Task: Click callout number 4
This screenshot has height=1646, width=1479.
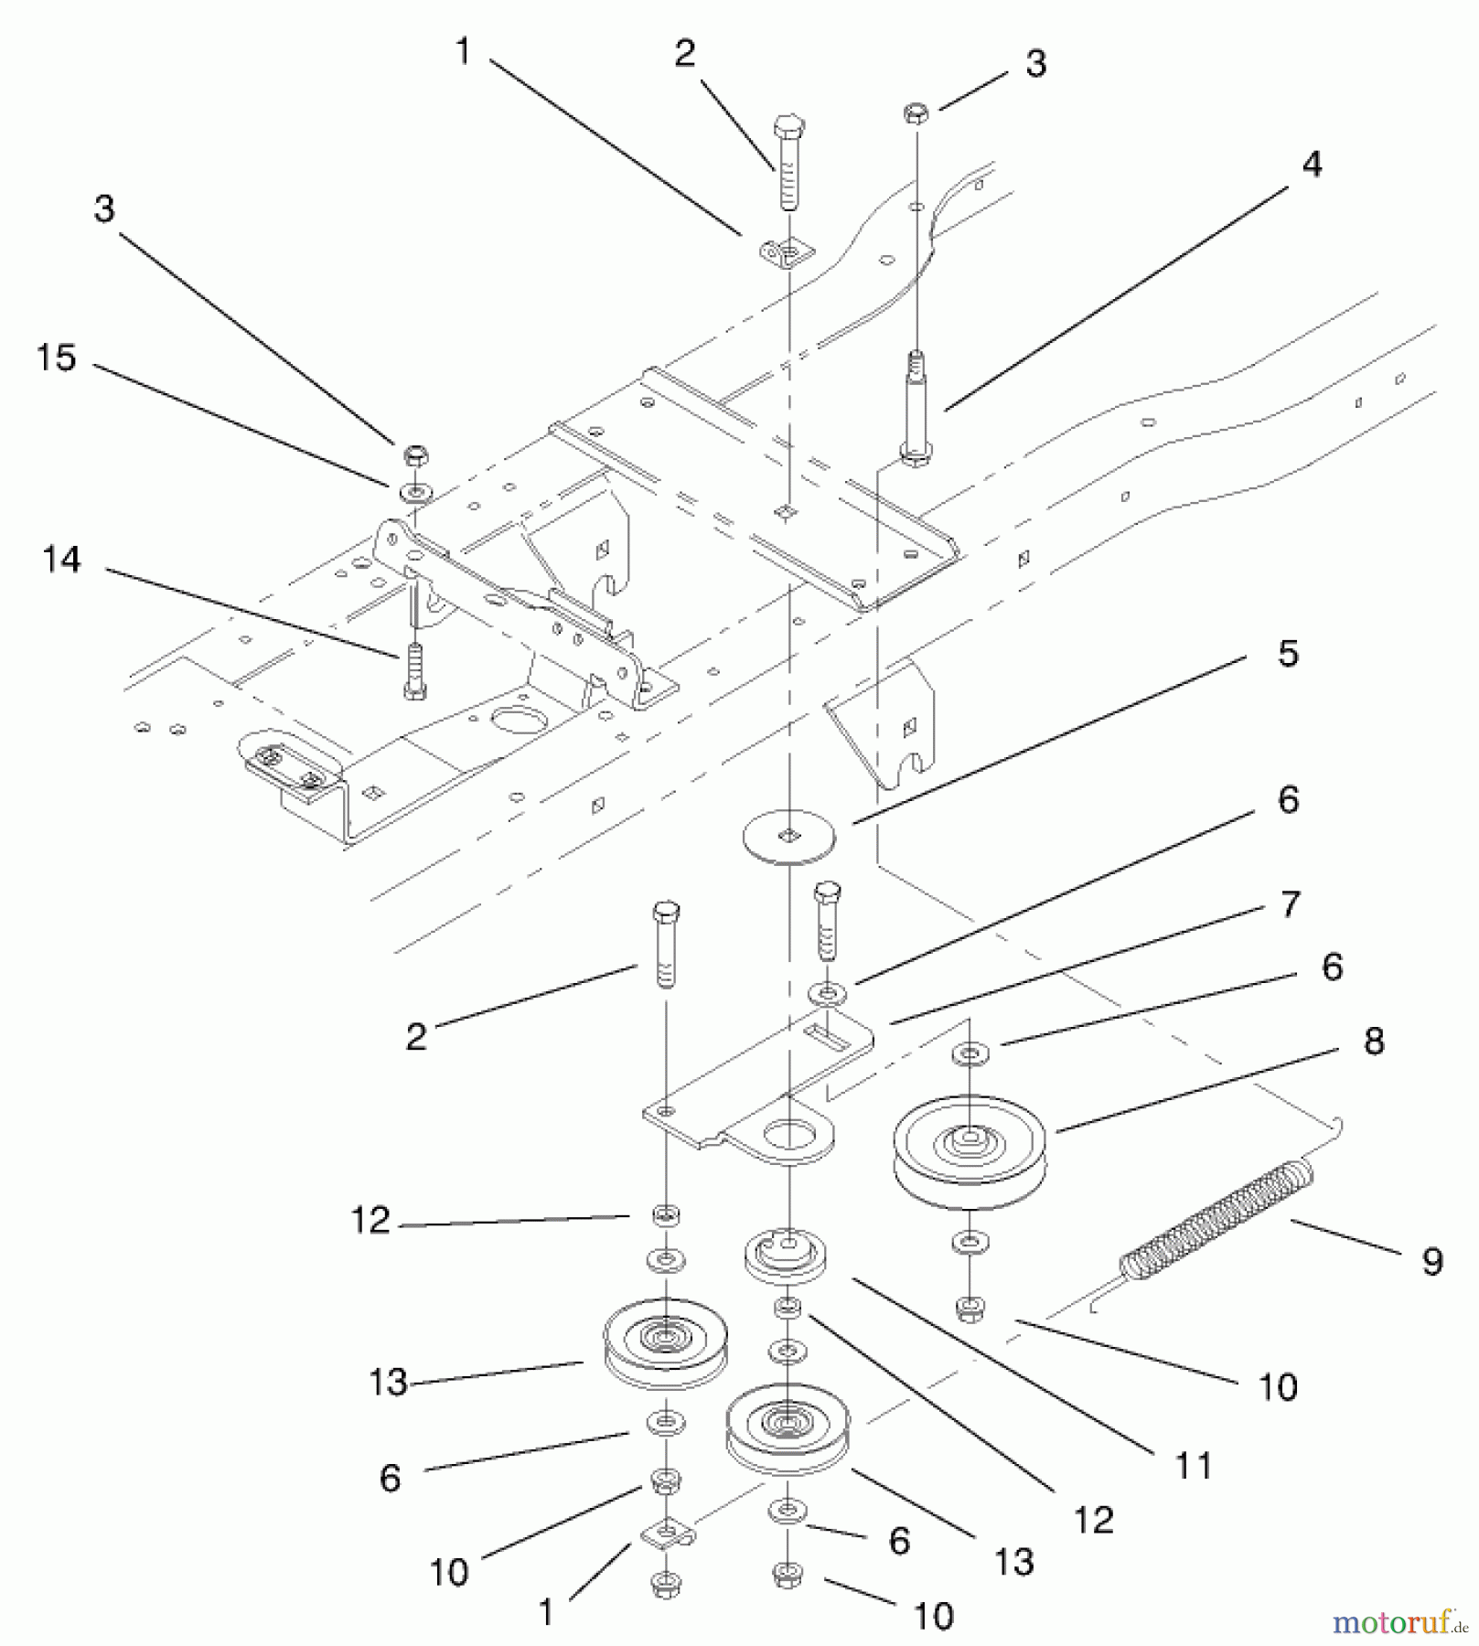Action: pos(1312,166)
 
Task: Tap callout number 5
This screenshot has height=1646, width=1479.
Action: pos(1287,654)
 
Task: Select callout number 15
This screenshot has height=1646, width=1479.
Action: pos(56,358)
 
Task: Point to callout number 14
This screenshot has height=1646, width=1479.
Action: pos(61,559)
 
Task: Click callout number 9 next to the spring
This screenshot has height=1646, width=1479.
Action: pos(1431,1262)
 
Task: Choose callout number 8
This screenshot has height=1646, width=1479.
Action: pos(1373,1041)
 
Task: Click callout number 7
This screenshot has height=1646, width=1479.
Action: pos(1290,904)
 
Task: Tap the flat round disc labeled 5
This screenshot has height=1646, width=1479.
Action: pos(788,837)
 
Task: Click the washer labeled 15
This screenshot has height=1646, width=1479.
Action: pos(416,494)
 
